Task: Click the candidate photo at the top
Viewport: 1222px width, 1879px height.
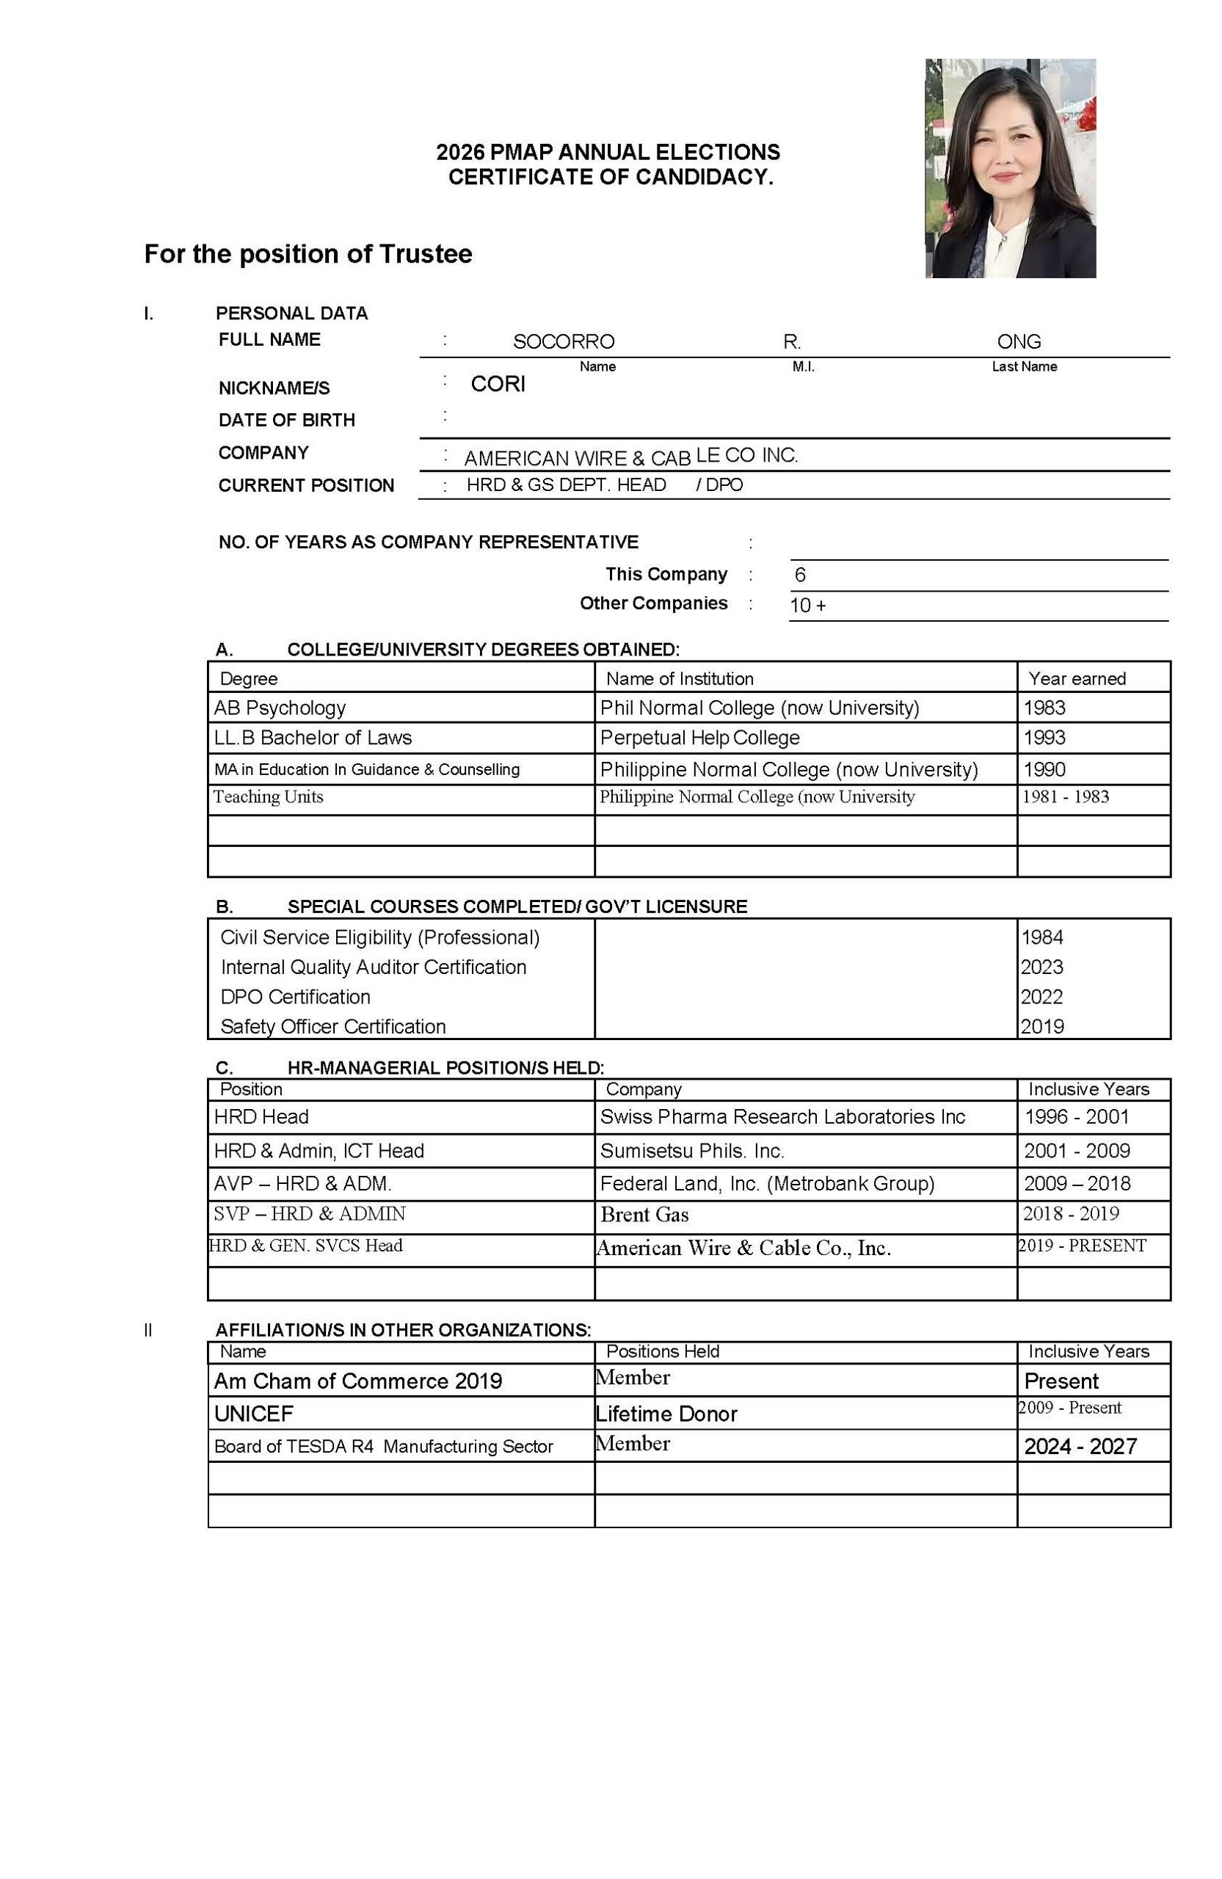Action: click(1010, 167)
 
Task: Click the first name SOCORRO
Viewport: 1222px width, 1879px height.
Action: click(563, 341)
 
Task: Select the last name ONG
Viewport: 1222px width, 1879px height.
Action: click(1019, 341)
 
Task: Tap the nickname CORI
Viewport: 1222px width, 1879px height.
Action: click(498, 384)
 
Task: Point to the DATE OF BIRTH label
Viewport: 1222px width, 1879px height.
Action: click(286, 420)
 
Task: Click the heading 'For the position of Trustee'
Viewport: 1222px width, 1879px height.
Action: click(308, 254)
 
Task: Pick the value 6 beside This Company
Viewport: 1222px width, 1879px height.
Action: click(800, 575)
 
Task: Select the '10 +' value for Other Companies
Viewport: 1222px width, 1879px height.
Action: click(807, 606)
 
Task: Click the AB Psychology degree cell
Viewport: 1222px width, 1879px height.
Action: click(280, 708)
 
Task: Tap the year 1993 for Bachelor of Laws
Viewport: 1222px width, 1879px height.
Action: click(1044, 738)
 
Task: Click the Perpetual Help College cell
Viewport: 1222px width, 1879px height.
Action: click(699, 738)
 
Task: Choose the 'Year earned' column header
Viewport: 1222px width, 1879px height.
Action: click(1076, 678)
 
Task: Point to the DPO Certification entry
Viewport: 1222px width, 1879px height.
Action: click(295, 996)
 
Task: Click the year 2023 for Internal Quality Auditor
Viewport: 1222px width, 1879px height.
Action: click(1041, 967)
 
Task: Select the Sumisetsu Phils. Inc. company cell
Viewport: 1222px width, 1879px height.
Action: click(691, 1150)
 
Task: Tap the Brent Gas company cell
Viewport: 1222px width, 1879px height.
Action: click(644, 1214)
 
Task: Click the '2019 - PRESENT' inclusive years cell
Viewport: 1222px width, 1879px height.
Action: click(1082, 1245)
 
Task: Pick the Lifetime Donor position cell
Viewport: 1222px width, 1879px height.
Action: click(666, 1413)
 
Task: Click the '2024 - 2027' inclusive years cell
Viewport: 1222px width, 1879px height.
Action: click(1079, 1447)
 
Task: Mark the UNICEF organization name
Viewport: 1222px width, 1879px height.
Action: click(253, 1413)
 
